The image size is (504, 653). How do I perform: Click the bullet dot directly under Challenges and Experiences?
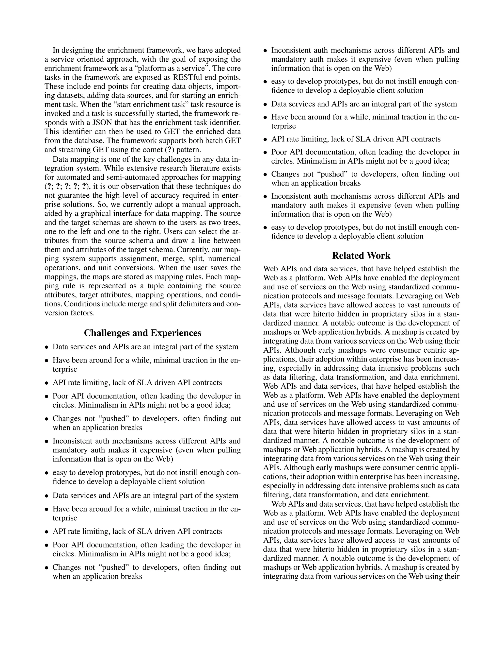tap(47, 347)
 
